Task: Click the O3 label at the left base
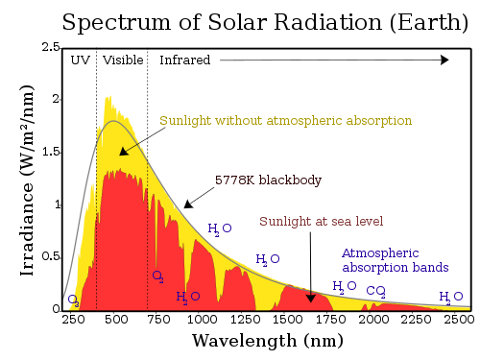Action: tap(74, 301)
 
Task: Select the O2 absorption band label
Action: tap(157, 276)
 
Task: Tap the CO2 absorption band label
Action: tap(375, 291)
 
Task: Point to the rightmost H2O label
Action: tap(450, 297)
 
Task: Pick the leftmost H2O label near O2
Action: tap(187, 298)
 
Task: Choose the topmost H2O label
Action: tap(219, 228)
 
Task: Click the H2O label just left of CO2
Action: tap(344, 286)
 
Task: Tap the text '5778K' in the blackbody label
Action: tap(233, 180)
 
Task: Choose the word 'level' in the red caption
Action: tap(370, 222)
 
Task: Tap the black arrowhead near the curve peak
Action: tap(124, 151)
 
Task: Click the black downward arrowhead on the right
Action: tap(310, 298)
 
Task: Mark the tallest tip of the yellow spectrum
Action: tap(108, 96)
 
